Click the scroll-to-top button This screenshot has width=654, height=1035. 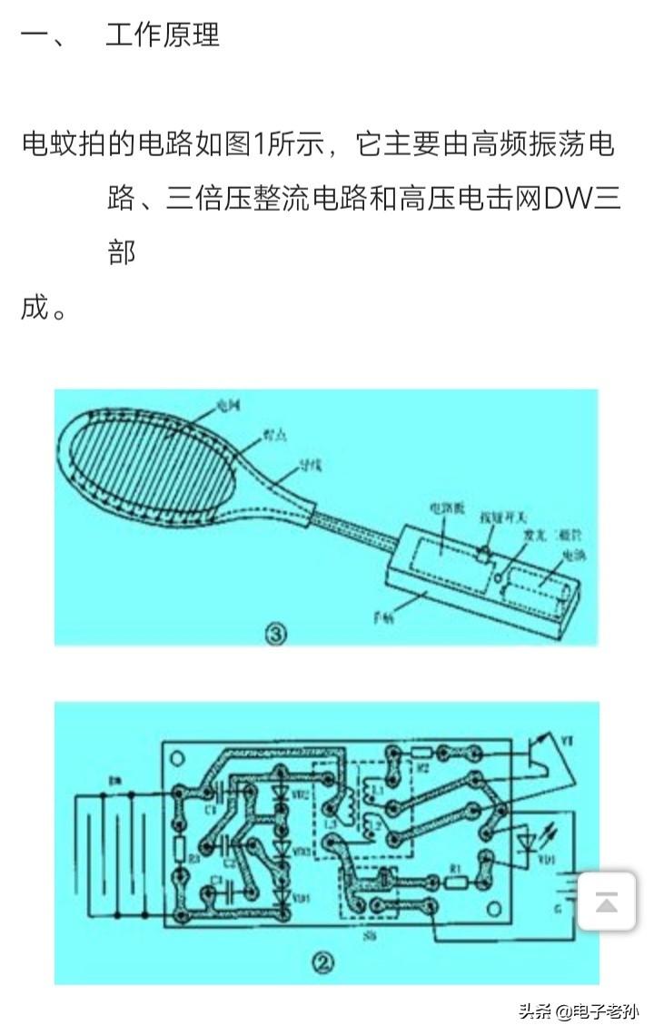606,901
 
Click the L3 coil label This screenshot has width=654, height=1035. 329,822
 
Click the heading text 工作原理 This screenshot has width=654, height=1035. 163,35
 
